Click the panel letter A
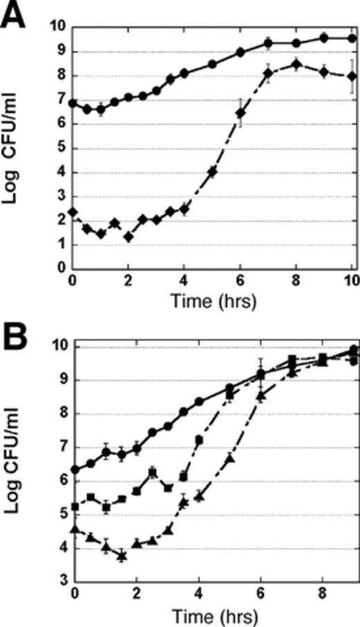(15, 15)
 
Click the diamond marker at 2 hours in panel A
(128, 237)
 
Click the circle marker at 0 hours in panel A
(73, 103)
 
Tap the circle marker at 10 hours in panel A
(352, 38)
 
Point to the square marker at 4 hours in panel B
(199, 440)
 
